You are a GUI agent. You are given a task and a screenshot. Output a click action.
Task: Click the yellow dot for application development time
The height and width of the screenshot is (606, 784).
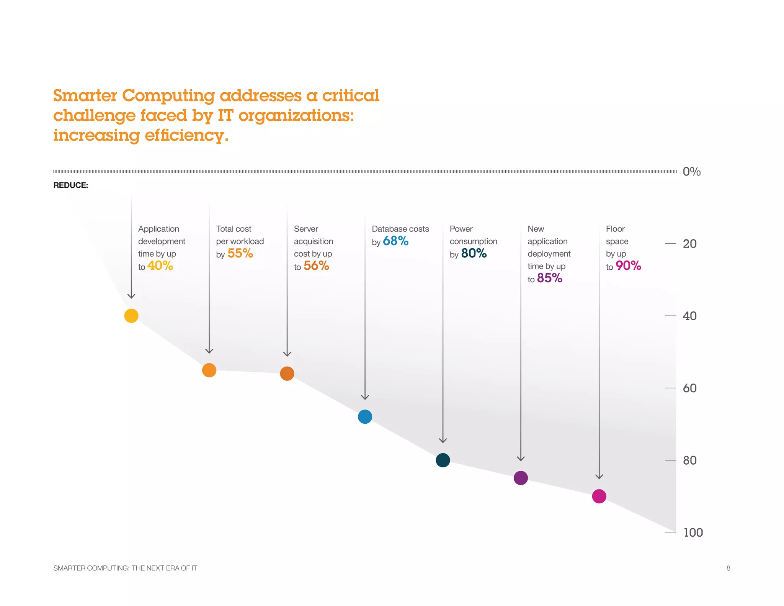(x=131, y=316)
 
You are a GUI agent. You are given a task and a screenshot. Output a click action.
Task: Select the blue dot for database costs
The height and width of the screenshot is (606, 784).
(x=365, y=416)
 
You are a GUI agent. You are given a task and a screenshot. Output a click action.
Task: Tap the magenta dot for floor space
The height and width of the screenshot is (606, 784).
(x=599, y=496)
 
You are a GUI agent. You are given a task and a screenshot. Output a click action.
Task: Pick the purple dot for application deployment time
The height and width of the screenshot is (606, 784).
(x=521, y=478)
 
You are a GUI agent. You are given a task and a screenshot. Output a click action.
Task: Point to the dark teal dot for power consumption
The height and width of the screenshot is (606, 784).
(x=443, y=460)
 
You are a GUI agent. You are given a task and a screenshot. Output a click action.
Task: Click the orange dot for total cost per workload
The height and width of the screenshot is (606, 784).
(x=209, y=370)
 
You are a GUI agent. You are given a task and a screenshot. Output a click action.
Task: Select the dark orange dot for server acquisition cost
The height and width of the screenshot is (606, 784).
(x=287, y=373)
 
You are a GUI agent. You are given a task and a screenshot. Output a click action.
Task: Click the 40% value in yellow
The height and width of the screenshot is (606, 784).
(x=160, y=266)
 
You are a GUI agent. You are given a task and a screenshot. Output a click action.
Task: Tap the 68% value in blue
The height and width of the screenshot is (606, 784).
(x=395, y=241)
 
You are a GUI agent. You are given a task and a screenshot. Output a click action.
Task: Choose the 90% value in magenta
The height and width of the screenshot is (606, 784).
(x=628, y=266)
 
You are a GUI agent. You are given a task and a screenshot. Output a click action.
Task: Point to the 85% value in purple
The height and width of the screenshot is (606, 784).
(x=549, y=278)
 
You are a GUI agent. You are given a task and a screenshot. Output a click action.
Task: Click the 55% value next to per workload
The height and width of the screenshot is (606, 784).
(x=240, y=253)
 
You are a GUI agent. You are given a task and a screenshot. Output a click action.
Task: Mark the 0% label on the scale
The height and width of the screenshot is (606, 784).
(x=691, y=172)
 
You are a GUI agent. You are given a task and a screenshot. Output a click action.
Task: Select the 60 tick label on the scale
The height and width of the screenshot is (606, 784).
(x=689, y=388)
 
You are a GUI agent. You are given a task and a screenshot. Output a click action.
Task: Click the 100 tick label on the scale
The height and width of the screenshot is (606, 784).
(x=693, y=532)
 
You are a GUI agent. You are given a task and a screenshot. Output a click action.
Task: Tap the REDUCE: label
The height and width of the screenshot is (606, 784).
(x=71, y=185)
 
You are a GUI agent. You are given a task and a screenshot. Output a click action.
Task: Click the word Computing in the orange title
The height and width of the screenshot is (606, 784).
(x=168, y=96)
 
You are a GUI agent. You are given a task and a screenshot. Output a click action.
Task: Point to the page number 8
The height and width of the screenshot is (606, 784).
(x=728, y=568)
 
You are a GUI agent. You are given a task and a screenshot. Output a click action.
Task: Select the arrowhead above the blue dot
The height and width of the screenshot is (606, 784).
(x=365, y=397)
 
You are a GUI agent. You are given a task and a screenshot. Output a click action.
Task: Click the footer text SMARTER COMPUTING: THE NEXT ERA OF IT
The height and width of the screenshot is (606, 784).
(x=125, y=568)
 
